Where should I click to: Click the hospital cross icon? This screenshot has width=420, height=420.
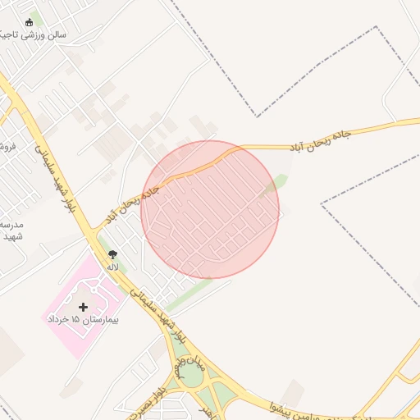tap(83, 306)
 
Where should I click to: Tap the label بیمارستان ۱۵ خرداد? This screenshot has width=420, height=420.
tap(83, 318)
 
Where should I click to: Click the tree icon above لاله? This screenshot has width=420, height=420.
tap(112, 255)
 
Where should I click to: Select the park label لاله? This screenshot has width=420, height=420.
tap(112, 267)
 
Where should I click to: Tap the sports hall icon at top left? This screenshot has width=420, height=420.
tap(30, 23)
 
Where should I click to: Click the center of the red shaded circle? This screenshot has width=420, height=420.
tap(210, 209)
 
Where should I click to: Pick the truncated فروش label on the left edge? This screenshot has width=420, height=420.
tap(9, 147)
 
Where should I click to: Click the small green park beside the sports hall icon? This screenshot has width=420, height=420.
tap(38, 18)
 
